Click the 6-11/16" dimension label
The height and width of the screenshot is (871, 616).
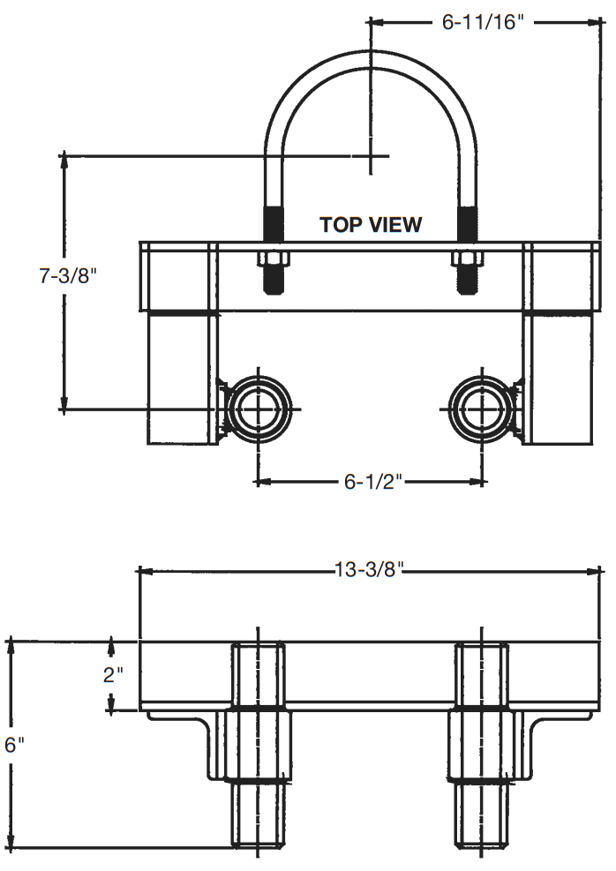[x=483, y=22]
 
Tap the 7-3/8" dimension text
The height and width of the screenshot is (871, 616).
[x=67, y=276]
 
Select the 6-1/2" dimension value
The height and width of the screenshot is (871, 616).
[x=371, y=482]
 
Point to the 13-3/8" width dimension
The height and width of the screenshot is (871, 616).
[x=369, y=569]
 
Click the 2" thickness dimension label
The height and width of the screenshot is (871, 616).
[x=113, y=676]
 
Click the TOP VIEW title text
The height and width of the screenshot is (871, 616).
[x=371, y=224]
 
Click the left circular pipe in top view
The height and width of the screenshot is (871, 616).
[x=258, y=409]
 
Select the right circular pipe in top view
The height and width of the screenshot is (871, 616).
[x=482, y=409]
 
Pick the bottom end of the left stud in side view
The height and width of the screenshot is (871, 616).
[x=259, y=845]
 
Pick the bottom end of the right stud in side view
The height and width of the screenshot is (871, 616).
[x=482, y=845]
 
